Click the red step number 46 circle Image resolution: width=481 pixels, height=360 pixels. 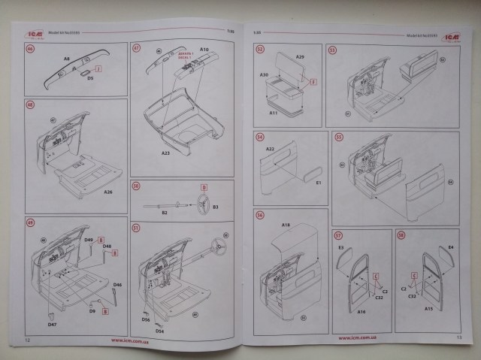[30, 50]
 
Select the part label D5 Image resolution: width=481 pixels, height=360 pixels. [90, 77]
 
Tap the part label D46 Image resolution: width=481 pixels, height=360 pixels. [117, 286]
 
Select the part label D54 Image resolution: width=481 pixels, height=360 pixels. [160, 331]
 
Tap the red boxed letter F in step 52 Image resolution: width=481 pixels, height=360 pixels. [313, 81]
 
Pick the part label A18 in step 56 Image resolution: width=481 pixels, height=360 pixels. [286, 225]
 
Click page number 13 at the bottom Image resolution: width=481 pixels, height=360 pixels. [459, 339]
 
